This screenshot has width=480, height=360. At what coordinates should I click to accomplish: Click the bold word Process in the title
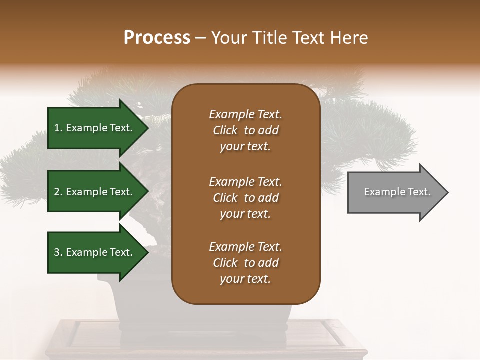click(157, 37)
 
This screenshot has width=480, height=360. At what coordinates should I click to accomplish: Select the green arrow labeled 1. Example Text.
click(95, 128)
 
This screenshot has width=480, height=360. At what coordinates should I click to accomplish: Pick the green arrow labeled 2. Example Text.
click(95, 192)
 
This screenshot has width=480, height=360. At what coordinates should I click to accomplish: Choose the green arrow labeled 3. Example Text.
click(95, 252)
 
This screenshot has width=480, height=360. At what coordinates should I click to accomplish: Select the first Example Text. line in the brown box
click(245, 114)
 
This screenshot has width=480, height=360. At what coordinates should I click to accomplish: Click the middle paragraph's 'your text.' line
click(245, 214)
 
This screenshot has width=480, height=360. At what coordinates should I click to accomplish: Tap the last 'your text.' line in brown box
click(245, 279)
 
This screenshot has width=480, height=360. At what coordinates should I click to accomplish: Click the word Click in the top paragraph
click(225, 130)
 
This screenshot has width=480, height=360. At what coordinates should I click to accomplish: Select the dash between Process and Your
click(201, 37)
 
